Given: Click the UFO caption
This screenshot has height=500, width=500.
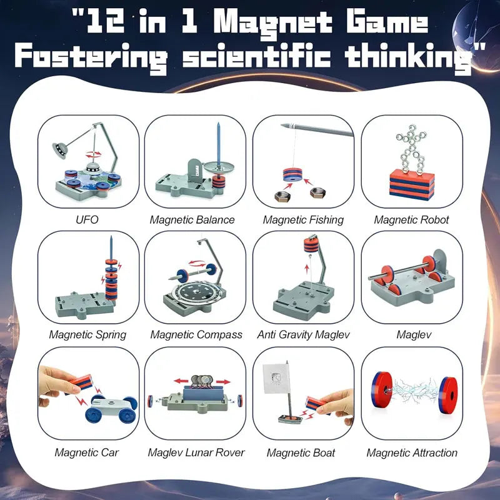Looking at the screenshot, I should (x=87, y=220).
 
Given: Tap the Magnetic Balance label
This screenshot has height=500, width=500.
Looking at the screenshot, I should (x=192, y=220).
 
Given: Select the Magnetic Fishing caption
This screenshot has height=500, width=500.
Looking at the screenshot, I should (x=303, y=220).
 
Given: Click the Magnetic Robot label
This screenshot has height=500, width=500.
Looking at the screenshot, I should (x=411, y=220).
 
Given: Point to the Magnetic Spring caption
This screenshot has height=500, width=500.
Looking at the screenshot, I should (x=87, y=335).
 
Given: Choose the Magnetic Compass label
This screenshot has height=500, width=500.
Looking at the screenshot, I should (x=196, y=335).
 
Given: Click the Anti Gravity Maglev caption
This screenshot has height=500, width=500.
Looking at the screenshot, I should (x=303, y=335).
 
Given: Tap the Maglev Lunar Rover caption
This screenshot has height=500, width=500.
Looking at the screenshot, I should (x=196, y=452).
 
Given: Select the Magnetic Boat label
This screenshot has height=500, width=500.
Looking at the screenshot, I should (x=301, y=452).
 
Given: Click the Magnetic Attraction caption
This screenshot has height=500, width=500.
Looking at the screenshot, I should (x=412, y=452).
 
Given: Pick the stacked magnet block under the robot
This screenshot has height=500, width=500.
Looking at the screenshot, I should (x=411, y=183).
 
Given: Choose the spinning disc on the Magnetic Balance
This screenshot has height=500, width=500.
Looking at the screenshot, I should (x=219, y=166).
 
